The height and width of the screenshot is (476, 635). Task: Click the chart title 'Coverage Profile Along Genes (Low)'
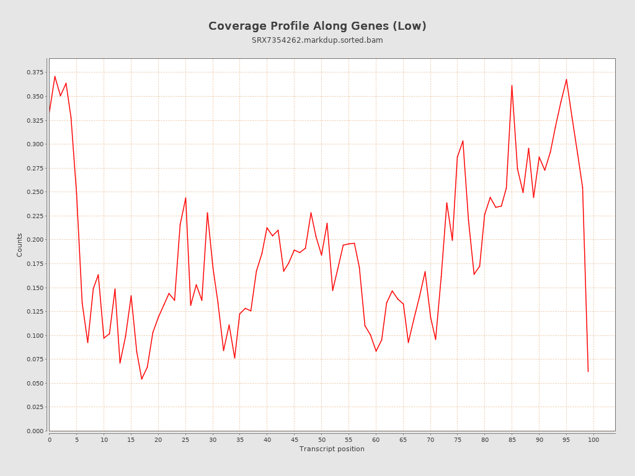[317, 26]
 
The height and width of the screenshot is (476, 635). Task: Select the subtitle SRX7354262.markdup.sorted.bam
[317, 40]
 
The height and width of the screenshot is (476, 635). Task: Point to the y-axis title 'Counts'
[20, 245]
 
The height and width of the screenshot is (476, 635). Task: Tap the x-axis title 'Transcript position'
[332, 449]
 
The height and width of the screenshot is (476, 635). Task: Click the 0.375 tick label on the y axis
[35, 73]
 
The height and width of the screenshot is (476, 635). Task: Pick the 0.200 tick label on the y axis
[35, 240]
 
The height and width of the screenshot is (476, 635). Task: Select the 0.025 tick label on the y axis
[35, 407]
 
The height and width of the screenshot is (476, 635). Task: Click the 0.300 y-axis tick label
[35, 144]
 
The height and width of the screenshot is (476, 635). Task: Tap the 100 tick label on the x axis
[593, 439]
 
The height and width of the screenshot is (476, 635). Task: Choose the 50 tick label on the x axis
[321, 439]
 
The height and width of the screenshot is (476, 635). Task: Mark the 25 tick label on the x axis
[185, 439]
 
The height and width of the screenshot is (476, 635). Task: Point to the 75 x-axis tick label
[458, 439]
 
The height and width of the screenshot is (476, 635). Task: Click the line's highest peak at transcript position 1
[55, 76]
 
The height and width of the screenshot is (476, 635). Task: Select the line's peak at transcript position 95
[566, 79]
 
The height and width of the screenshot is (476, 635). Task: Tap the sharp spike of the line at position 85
[512, 86]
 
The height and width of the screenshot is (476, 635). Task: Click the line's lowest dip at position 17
[141, 379]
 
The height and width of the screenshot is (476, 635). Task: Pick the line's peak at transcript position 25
[185, 198]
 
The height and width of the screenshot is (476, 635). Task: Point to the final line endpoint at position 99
[588, 371]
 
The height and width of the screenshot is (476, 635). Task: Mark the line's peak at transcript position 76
[463, 141]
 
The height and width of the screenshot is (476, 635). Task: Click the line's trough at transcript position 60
[376, 351]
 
